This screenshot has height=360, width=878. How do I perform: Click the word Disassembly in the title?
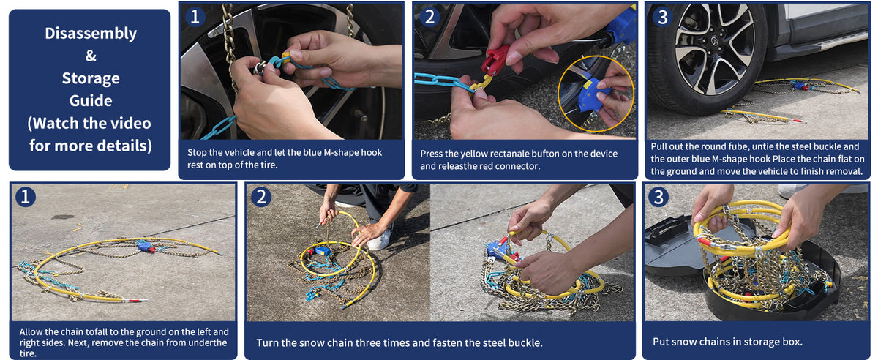91,34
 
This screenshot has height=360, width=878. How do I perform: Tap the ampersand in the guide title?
91,56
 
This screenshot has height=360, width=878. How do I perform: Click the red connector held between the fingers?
495,59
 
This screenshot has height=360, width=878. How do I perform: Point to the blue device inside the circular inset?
592,94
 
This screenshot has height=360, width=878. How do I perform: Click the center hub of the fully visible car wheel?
714,41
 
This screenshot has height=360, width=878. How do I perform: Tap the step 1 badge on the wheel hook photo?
195,17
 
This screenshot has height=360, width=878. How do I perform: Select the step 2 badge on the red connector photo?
429,17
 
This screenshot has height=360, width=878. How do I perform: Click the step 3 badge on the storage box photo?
658,197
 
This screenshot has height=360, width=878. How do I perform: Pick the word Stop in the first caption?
197,152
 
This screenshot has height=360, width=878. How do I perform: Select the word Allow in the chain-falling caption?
31,331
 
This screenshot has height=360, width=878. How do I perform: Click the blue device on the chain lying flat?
144,247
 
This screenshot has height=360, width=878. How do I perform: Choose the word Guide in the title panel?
91,101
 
